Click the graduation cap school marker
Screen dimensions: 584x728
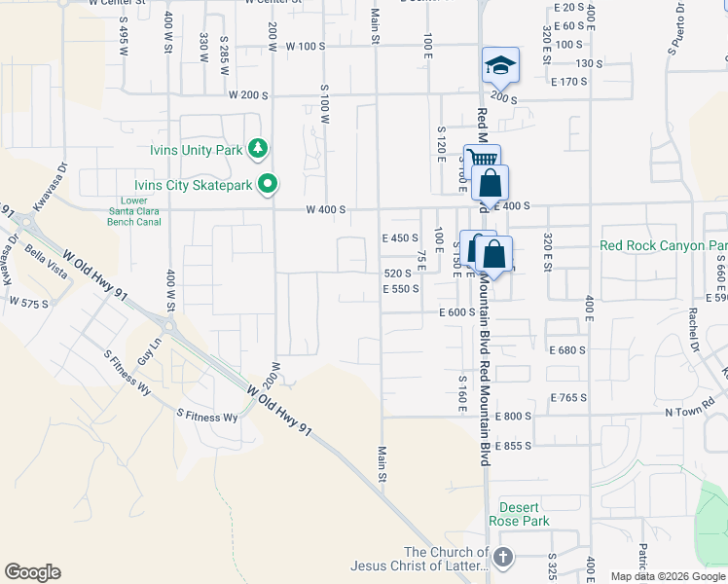(x=500, y=65)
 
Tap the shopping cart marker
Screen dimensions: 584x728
(x=481, y=160)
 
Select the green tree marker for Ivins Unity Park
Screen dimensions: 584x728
(x=258, y=149)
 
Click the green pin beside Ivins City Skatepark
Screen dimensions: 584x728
(x=270, y=184)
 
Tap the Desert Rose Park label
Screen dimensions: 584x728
(x=525, y=514)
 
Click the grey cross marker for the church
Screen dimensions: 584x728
(x=502, y=558)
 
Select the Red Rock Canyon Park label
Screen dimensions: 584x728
(x=664, y=245)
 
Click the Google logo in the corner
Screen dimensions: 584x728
(x=32, y=572)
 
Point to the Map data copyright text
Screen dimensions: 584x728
(x=668, y=576)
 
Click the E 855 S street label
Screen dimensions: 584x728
(x=513, y=446)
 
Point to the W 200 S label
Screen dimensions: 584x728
(x=248, y=94)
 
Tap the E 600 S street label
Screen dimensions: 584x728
(x=456, y=312)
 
